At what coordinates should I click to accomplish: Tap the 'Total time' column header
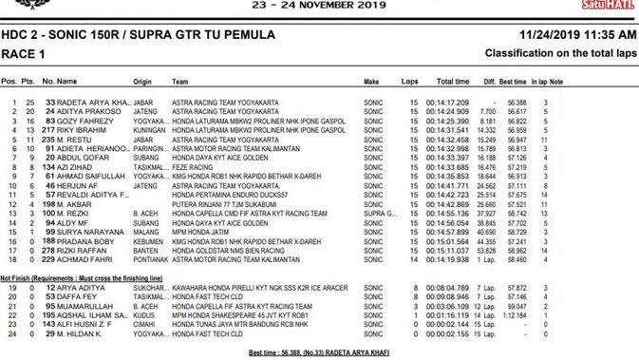pos(452,83)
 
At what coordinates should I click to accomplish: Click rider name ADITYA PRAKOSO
pos(86,111)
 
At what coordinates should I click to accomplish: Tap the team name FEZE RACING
pos(191,166)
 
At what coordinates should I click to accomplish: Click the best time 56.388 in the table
pos(517,103)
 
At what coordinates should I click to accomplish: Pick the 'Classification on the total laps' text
pos(559,54)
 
